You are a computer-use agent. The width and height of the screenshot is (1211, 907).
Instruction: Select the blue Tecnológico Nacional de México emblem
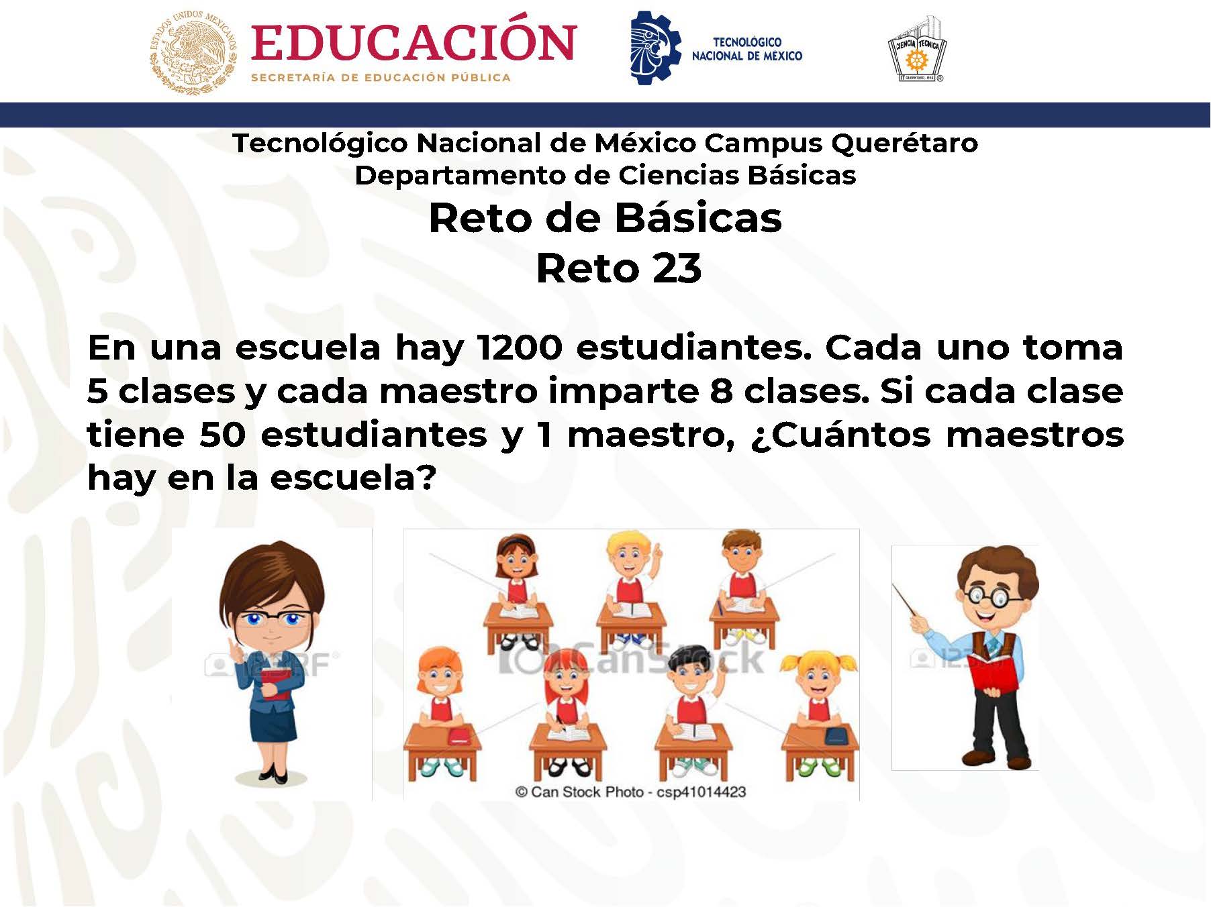click(655, 47)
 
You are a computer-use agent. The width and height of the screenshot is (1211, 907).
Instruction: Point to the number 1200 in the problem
click(518, 348)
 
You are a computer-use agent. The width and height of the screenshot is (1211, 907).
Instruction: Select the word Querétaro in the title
click(904, 143)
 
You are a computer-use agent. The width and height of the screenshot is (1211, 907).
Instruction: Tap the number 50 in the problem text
click(222, 434)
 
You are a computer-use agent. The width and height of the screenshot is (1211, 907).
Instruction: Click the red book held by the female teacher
click(275, 684)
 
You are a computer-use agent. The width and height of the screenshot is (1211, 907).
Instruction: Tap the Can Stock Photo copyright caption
click(630, 792)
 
